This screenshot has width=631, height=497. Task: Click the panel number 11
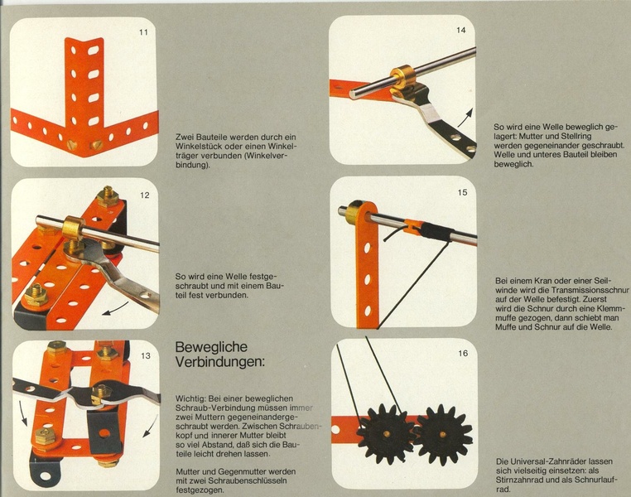pos(143,32)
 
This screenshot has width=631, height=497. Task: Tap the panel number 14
pos(461,30)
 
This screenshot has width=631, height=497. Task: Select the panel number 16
pos(463,354)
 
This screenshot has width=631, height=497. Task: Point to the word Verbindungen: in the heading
pos(220,362)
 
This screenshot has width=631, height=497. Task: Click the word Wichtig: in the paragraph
pos(190,398)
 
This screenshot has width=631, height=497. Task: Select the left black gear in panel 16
pos(385,434)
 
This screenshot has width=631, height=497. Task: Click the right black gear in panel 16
pos(443,436)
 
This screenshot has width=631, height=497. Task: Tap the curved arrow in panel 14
pos(465,118)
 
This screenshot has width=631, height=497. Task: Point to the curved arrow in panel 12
pos(117,309)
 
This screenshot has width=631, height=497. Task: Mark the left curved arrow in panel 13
pos(23,413)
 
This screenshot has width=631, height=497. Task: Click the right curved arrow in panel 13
pos(151,427)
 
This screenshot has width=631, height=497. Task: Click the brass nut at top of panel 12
pos(107,196)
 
